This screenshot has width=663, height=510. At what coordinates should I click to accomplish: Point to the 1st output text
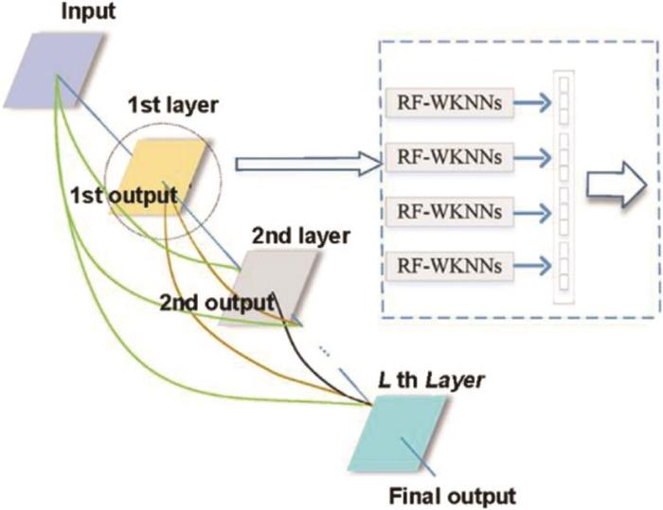point(123,196)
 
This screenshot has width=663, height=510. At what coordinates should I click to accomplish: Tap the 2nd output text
point(215,304)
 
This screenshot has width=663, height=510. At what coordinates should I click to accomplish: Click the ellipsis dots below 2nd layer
point(324,352)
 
